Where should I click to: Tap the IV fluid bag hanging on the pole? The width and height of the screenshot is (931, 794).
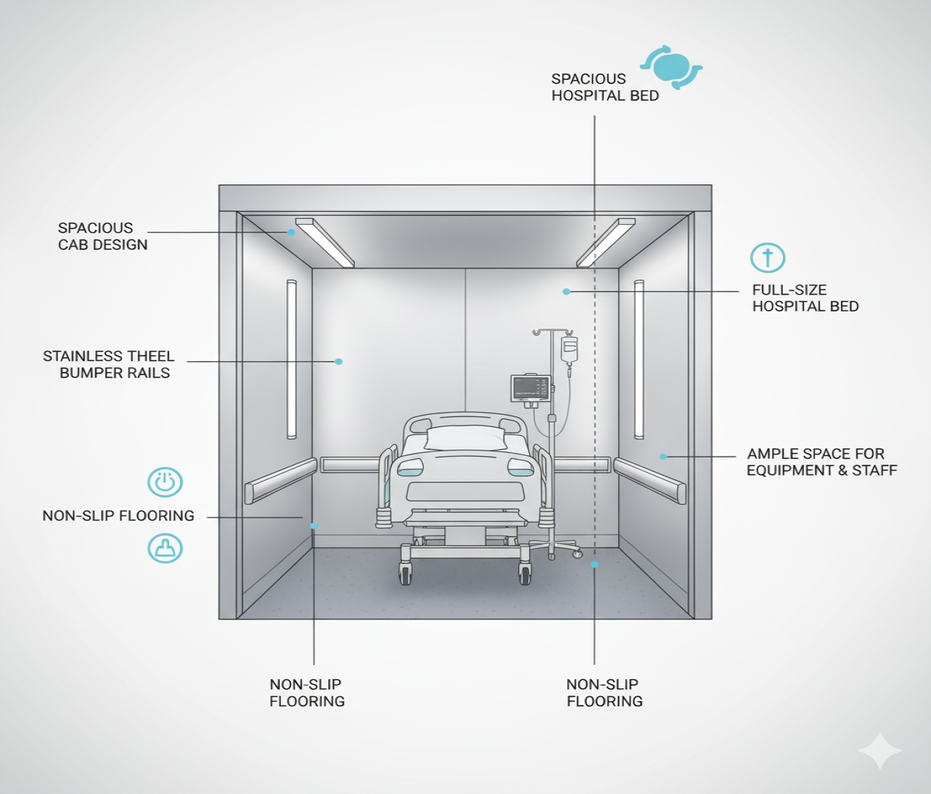(x=569, y=350)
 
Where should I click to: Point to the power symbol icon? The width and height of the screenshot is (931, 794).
(x=165, y=482)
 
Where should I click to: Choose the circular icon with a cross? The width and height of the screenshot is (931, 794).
(x=767, y=258)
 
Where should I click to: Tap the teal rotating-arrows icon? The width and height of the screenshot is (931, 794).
(x=671, y=67)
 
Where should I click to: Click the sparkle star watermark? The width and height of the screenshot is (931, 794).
(x=880, y=751)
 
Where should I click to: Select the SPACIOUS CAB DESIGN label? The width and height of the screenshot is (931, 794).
(x=102, y=236)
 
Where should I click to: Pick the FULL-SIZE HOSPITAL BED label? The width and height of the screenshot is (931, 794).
(x=805, y=299)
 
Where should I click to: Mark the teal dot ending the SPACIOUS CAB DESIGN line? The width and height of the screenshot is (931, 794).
(x=292, y=232)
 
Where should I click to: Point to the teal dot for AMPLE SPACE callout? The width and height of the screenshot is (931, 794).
(x=663, y=457)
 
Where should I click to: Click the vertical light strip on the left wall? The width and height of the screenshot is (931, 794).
(x=292, y=359)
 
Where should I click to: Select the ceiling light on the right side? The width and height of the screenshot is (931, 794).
(x=605, y=242)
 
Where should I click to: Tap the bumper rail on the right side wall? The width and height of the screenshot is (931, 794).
(x=649, y=479)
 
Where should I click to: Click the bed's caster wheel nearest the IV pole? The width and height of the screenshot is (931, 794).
(x=525, y=575)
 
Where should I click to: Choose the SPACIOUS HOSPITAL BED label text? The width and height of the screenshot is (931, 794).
(x=604, y=88)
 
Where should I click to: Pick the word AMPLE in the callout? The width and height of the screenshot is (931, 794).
(x=772, y=454)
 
